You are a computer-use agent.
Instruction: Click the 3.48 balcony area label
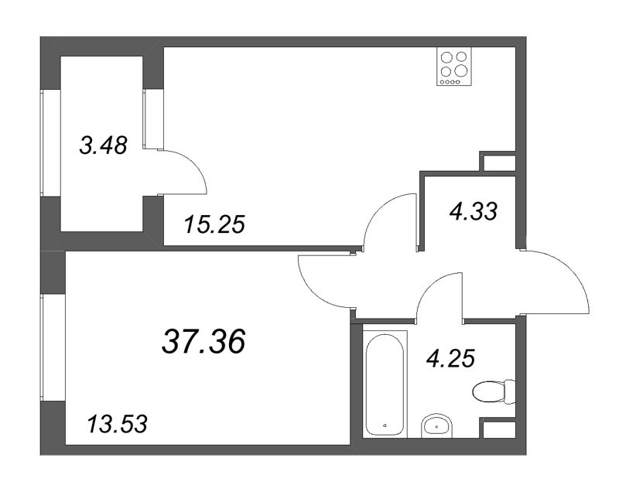click(x=104, y=145)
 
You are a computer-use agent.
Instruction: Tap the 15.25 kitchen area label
click(x=215, y=224)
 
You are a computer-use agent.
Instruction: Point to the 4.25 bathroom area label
click(x=451, y=358)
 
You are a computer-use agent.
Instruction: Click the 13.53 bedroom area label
click(x=118, y=425)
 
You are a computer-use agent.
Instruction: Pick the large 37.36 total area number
click(x=203, y=341)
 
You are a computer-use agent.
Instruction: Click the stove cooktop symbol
click(x=454, y=66)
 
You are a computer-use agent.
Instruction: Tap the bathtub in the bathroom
click(x=385, y=384)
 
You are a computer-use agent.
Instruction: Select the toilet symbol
click(x=494, y=391)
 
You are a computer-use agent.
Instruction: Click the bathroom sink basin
click(x=436, y=426)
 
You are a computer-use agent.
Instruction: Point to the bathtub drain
click(x=385, y=425)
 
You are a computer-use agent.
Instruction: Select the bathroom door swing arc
click(x=431, y=283)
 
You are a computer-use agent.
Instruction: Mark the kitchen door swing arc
click(x=378, y=208)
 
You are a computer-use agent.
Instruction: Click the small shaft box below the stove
click(x=498, y=162)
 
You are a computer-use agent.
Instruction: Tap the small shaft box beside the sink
click(x=498, y=428)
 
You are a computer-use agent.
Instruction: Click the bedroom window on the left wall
click(x=43, y=347)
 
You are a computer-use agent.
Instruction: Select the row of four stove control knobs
click(x=450, y=82)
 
